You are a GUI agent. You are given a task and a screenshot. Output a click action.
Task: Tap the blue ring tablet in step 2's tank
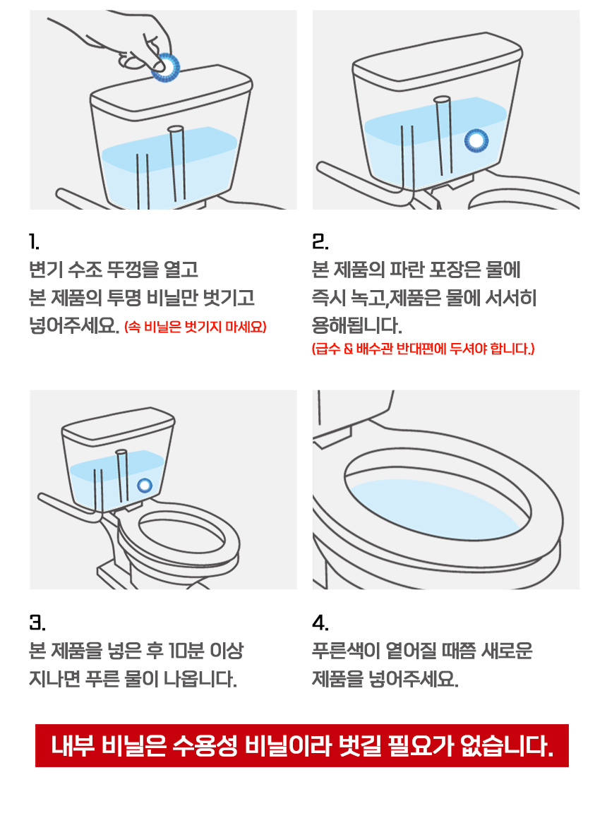(x=476, y=140)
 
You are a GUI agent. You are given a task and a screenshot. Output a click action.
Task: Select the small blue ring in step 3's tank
(x=145, y=486)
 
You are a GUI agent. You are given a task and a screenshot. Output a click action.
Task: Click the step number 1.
(x=34, y=242)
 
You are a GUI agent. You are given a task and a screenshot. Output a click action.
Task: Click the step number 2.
(x=320, y=242)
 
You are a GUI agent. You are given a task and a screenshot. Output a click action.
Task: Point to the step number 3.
(x=37, y=623)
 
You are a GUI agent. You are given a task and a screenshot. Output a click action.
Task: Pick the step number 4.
(x=320, y=623)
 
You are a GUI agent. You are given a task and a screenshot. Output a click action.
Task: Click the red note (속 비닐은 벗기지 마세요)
(x=196, y=327)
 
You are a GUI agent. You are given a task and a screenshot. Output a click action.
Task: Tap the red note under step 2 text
(x=423, y=349)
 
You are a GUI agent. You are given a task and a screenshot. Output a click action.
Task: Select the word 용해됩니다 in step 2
(x=357, y=325)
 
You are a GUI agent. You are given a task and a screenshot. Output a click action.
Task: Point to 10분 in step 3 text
(x=186, y=651)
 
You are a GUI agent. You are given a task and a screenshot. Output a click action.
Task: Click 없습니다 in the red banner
(x=506, y=745)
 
